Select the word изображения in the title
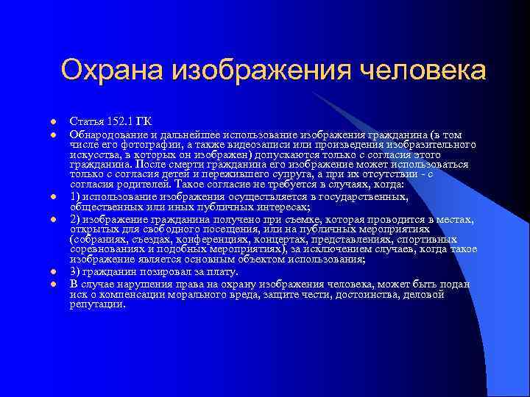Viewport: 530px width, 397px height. click(261, 71)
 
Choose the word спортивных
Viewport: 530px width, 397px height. click(426, 240)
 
